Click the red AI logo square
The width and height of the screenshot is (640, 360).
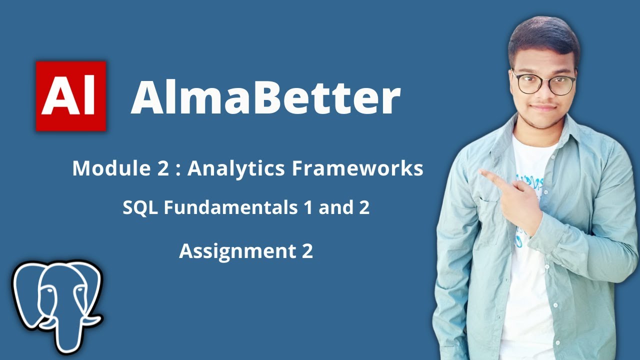[71, 96]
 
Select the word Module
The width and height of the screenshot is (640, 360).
[103, 169]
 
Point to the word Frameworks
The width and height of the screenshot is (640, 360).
[357, 169]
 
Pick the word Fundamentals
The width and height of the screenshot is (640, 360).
[230, 208]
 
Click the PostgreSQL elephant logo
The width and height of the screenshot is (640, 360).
[56, 305]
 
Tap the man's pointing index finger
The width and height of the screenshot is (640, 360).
[487, 175]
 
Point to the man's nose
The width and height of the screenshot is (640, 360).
[544, 94]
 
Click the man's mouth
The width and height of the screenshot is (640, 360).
[543, 107]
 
